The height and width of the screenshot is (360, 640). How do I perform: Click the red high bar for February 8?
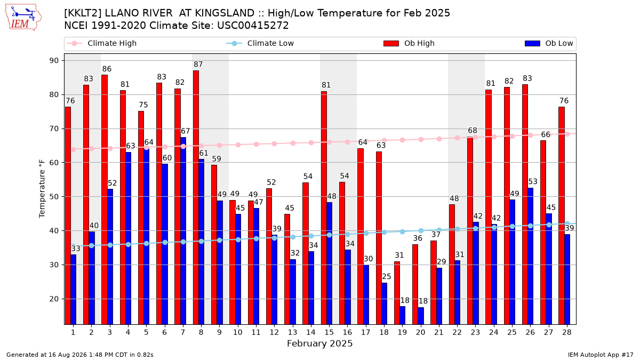(x=196, y=197)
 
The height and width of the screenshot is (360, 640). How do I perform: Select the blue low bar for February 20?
(x=421, y=316)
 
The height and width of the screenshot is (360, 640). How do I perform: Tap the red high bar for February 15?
(x=324, y=207)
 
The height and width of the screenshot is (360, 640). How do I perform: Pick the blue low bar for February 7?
(x=183, y=231)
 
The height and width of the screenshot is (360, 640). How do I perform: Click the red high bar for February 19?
(x=397, y=293)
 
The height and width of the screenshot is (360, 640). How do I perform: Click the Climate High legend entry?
(x=102, y=43)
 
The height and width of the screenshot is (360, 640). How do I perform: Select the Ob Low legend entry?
(x=549, y=43)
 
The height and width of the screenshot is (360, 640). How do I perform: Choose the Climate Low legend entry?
(x=260, y=43)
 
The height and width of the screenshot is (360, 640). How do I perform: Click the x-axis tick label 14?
(x=311, y=333)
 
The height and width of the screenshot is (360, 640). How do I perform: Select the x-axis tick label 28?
(x=567, y=333)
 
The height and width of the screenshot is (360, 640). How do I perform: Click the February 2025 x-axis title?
(x=319, y=343)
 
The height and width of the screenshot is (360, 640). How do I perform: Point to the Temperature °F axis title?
(x=42, y=189)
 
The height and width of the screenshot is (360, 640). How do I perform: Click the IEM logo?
(x=23, y=18)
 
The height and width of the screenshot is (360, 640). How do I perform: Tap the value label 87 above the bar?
(x=198, y=65)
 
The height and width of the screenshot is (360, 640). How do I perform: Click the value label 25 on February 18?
(x=387, y=276)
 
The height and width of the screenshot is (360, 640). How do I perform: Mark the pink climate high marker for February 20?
(x=421, y=139)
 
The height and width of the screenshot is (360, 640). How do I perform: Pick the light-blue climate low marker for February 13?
(x=293, y=237)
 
